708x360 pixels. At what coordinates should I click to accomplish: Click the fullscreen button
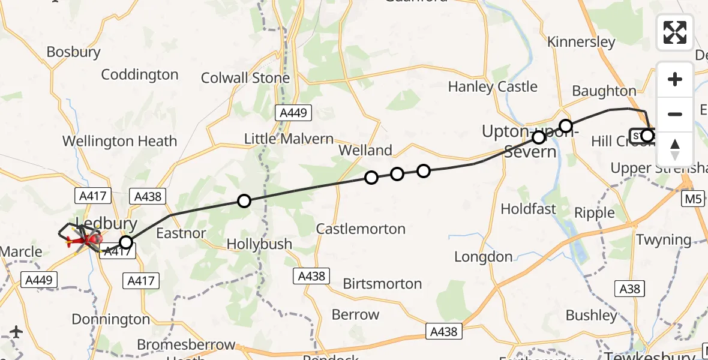tap(675, 32)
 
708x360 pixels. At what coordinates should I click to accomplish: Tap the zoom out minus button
tap(675, 114)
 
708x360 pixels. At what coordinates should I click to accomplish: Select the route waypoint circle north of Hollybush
tap(244, 201)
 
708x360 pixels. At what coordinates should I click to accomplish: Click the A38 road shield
tap(630, 289)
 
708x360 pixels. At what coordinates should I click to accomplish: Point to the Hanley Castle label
tap(493, 87)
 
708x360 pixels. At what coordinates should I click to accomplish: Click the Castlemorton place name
tap(361, 229)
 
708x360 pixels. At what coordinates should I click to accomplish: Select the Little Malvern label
tap(289, 139)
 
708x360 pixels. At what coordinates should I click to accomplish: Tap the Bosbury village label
tap(73, 52)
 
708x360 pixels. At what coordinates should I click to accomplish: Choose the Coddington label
tap(140, 75)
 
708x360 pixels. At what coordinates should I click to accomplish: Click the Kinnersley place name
tap(581, 42)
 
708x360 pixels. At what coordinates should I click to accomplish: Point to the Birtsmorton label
tap(382, 284)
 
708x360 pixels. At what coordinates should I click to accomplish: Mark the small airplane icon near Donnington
tap(16, 331)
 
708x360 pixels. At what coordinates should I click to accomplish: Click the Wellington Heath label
tap(120, 142)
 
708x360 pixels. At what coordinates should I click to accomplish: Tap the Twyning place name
tap(663, 240)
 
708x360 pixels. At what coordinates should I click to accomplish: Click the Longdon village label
tap(483, 257)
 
